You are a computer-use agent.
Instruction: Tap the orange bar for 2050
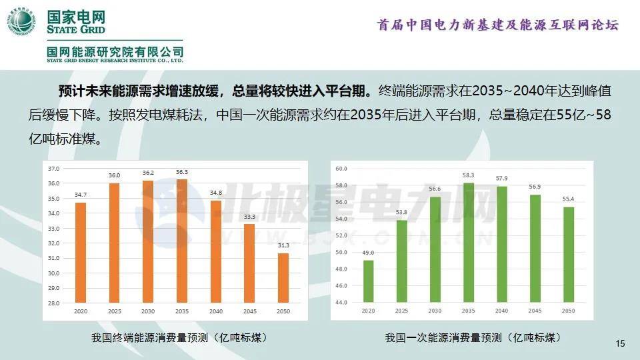point(283,278)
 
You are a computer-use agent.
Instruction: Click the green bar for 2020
point(369,281)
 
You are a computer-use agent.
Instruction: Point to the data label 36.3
point(182,173)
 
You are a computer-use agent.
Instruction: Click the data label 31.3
point(283,246)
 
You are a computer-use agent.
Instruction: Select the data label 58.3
point(468,175)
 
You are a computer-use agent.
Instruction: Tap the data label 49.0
point(369,253)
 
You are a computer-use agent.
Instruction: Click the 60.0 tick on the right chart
point(342,169)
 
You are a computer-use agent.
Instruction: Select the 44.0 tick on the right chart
point(342,303)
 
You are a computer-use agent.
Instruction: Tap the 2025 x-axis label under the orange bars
point(115,311)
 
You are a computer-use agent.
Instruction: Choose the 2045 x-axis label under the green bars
point(535,311)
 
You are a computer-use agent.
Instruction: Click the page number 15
point(620,344)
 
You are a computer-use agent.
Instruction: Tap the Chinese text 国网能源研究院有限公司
point(115,51)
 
